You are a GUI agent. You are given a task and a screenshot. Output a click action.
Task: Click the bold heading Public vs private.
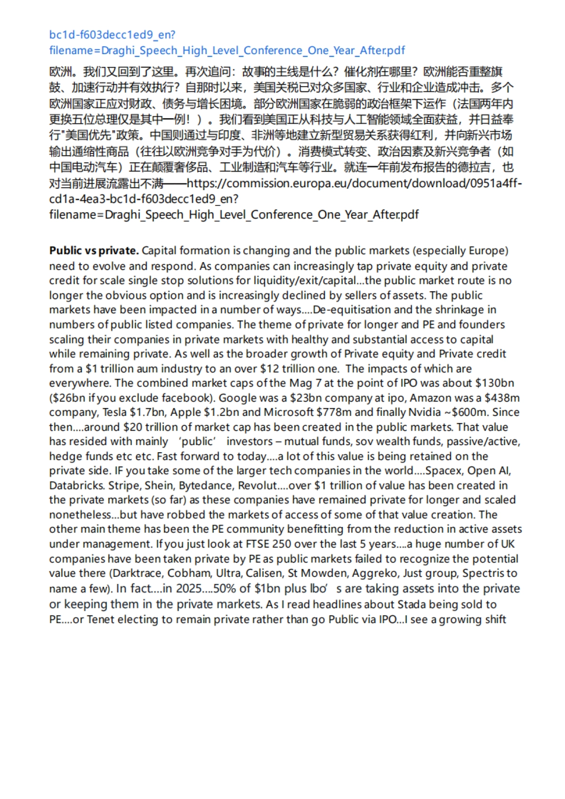pyautogui.click(x=94, y=251)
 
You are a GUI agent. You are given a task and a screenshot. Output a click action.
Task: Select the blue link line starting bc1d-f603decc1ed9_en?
pyautogui.click(x=112, y=35)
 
